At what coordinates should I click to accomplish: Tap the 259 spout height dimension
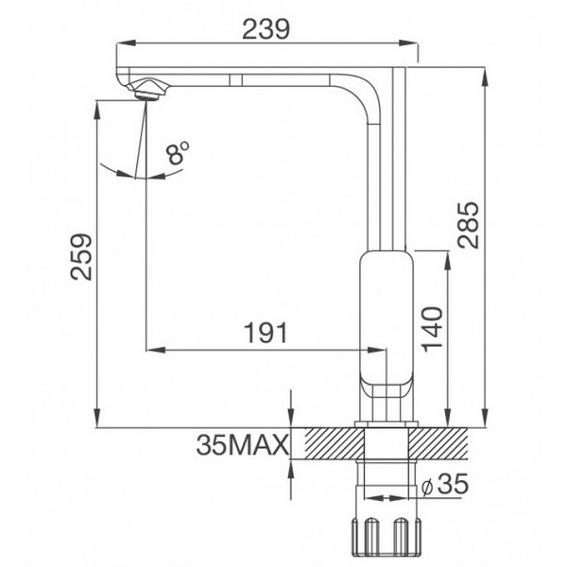[x=82, y=256]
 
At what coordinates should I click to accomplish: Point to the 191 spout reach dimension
[x=266, y=334]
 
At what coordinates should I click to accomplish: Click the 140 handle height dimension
[x=432, y=328]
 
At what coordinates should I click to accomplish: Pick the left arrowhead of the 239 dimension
[x=120, y=43]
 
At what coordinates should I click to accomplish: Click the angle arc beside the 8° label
[x=118, y=173]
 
